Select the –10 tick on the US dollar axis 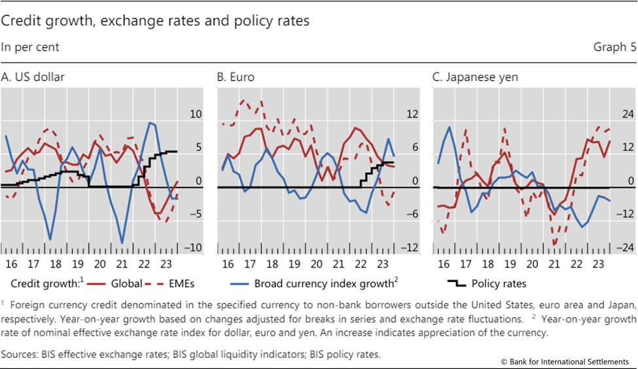tap(194, 248)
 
